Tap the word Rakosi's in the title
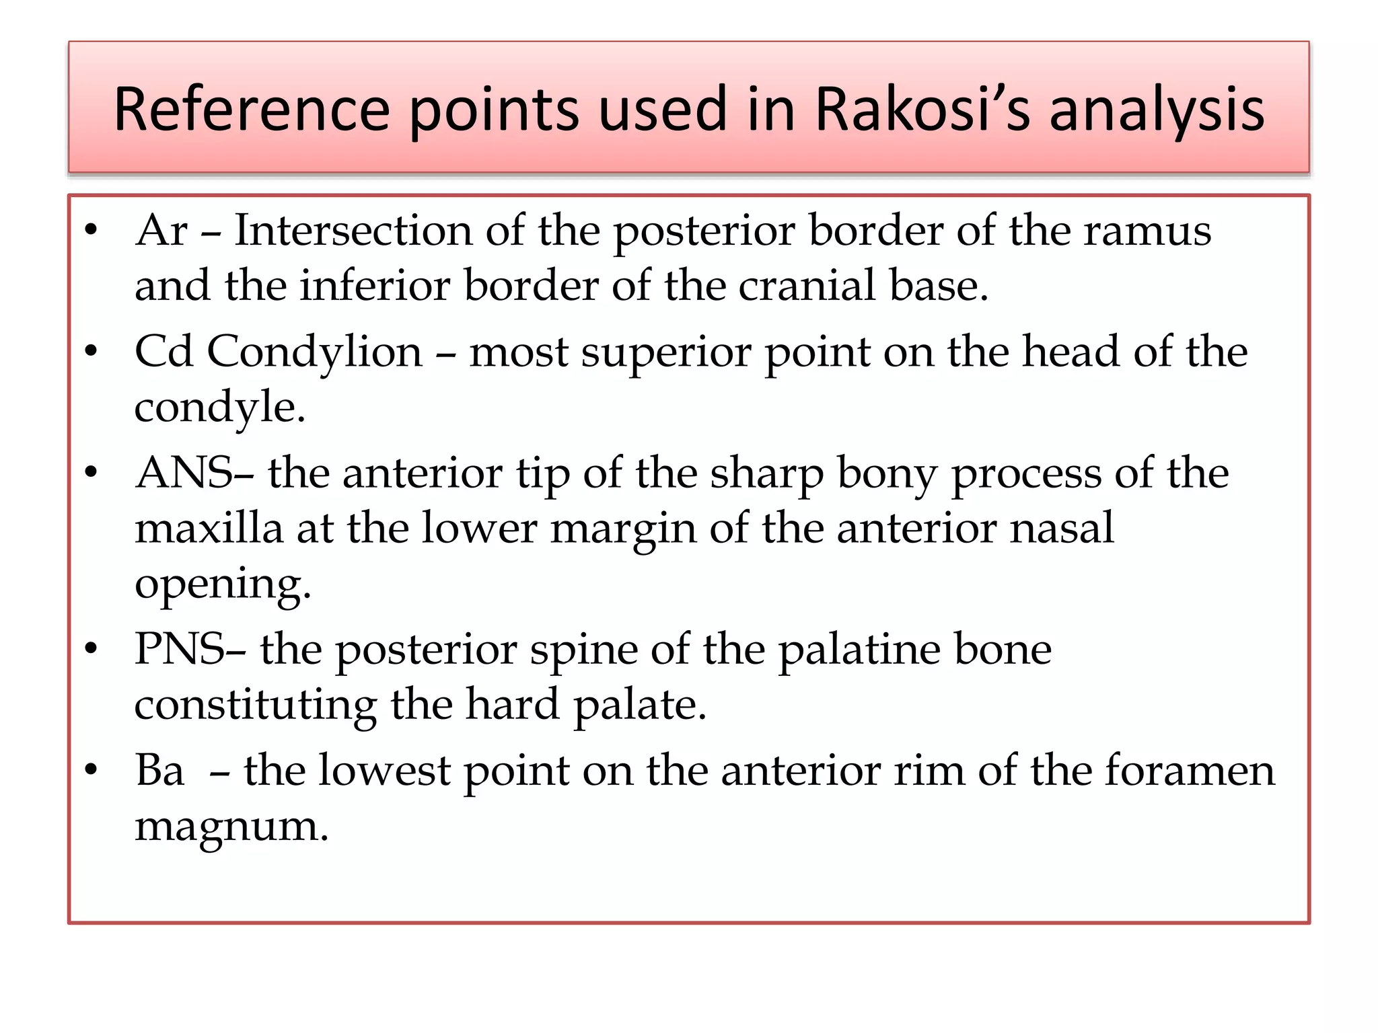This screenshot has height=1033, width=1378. pos(922,109)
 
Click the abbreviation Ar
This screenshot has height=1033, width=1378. pos(161,231)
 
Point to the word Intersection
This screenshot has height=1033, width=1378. pos(353,231)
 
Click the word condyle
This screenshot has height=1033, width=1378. pos(219,408)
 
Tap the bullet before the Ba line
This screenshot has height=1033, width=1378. pos(92,769)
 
